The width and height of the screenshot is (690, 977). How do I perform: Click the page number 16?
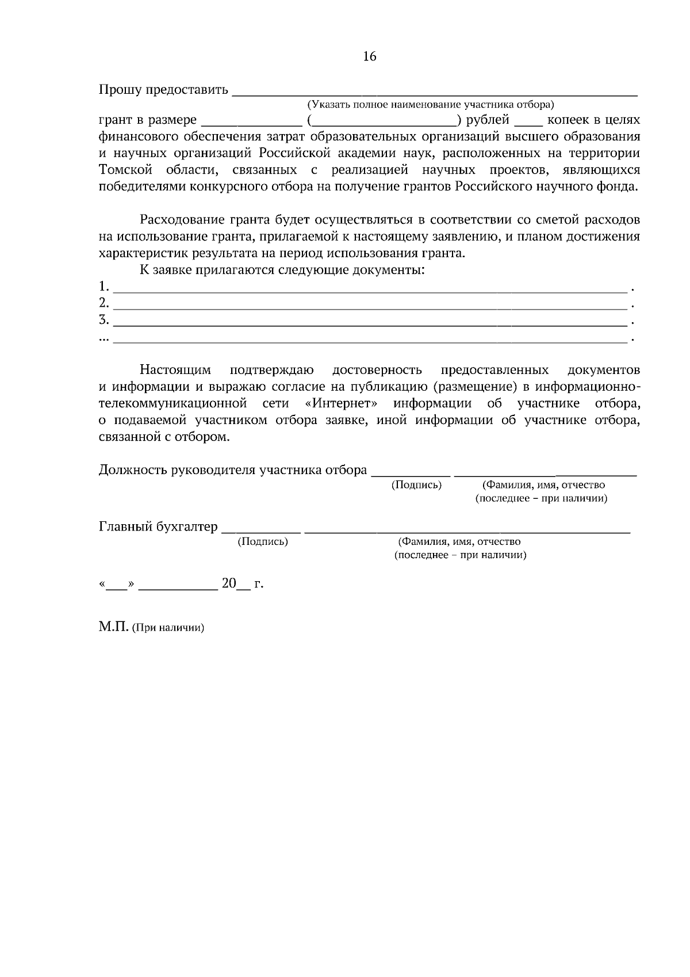pyautogui.click(x=370, y=56)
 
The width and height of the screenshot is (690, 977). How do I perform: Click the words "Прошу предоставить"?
pyautogui.click(x=163, y=90)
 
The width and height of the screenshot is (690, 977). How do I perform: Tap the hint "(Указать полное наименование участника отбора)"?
pyautogui.click(x=430, y=105)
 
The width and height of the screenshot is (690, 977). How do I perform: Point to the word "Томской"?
pyautogui.click(x=125, y=170)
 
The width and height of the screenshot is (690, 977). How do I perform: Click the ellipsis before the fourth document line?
pyautogui.click(x=103, y=338)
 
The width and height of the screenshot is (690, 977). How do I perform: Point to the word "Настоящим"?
pyautogui.click(x=175, y=369)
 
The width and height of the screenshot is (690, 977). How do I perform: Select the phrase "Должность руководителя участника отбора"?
pyautogui.click(x=233, y=470)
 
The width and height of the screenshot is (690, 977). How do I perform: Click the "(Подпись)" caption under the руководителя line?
pyautogui.click(x=416, y=485)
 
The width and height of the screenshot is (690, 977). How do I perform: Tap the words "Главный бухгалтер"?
pyautogui.click(x=158, y=526)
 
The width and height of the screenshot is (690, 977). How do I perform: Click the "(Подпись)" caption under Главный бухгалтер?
pyautogui.click(x=263, y=541)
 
